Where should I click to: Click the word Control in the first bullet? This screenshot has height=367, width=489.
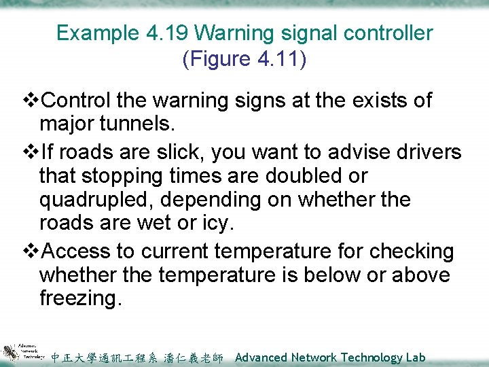[77, 101]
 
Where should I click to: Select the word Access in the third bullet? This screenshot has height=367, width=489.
[77, 251]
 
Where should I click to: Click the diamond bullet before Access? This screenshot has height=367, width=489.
[33, 251]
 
